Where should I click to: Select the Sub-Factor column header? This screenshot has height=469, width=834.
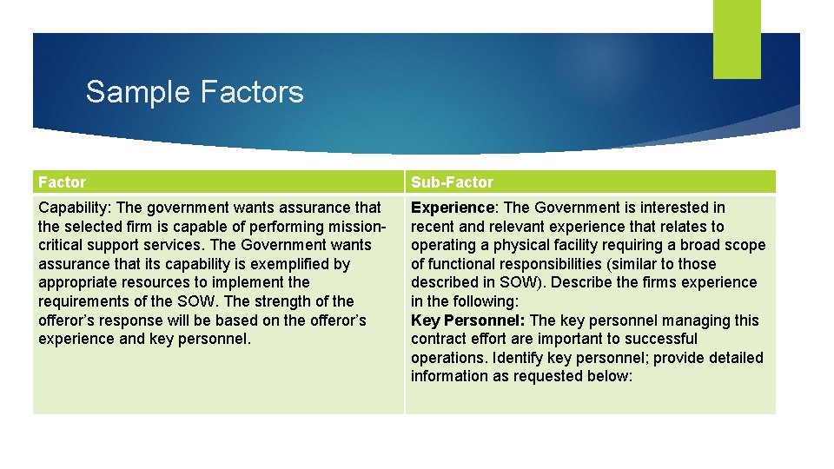[x=452, y=182]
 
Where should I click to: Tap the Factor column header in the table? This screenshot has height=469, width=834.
[x=63, y=182]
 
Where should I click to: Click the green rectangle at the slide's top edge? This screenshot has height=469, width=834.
[x=737, y=39]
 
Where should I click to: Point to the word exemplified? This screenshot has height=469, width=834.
[x=297, y=264]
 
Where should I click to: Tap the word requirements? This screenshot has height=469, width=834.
[x=84, y=301]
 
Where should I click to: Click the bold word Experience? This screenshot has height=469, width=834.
[x=453, y=208]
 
